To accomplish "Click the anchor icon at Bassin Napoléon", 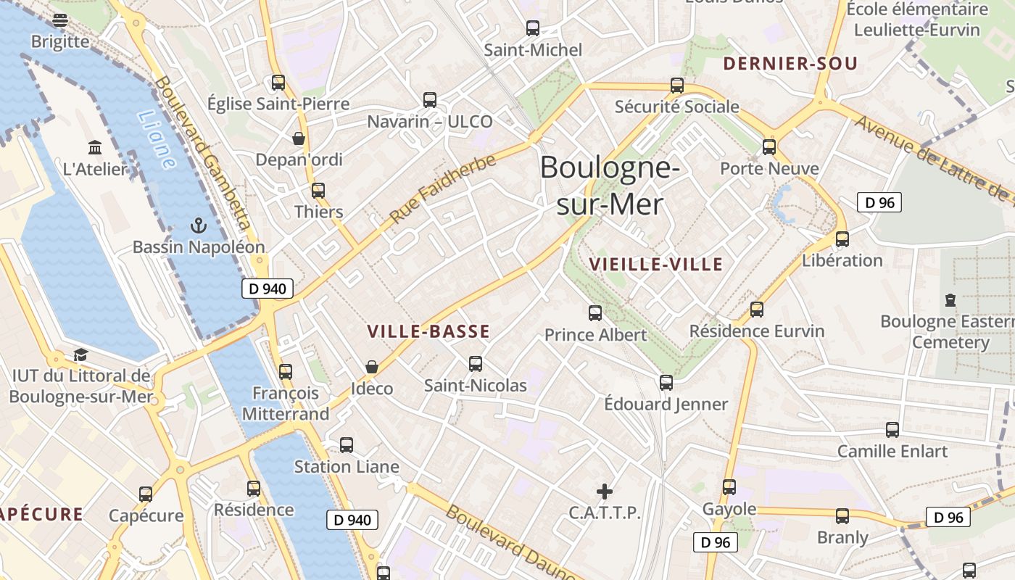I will click(x=198, y=225).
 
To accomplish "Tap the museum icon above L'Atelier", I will click(x=95, y=148).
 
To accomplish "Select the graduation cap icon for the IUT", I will click(x=80, y=355).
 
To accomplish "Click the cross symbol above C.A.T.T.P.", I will click(x=604, y=492).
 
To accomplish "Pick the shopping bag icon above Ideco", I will click(x=372, y=367).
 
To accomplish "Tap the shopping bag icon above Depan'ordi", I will click(x=298, y=138).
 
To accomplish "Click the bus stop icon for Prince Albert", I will click(x=595, y=313).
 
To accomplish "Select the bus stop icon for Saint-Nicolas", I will click(x=476, y=364).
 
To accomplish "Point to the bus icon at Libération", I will click(x=842, y=239).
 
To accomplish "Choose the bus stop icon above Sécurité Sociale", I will click(x=677, y=85).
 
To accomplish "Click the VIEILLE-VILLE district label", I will click(x=656, y=264).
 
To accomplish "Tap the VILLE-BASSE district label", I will click(x=428, y=332).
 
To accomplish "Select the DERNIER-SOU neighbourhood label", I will click(x=790, y=64).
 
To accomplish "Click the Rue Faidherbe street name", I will click(x=443, y=188).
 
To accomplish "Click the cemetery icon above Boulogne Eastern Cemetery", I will click(x=950, y=299).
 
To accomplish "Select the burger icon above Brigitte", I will click(x=60, y=20).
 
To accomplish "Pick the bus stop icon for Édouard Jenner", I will click(x=666, y=382).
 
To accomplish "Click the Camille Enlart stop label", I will click(x=892, y=451).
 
